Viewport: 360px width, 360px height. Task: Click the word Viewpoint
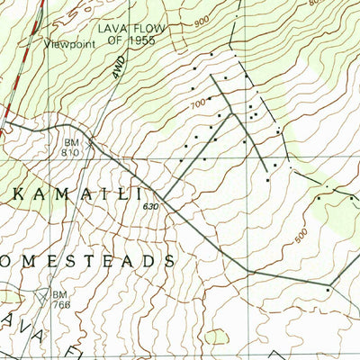click(x=67, y=41)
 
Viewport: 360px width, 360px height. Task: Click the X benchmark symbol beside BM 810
click(x=89, y=141)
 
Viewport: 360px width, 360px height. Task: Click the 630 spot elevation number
click(x=149, y=208)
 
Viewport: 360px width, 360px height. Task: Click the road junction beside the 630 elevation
click(x=163, y=197)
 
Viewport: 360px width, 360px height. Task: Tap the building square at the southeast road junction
click(x=329, y=290)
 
